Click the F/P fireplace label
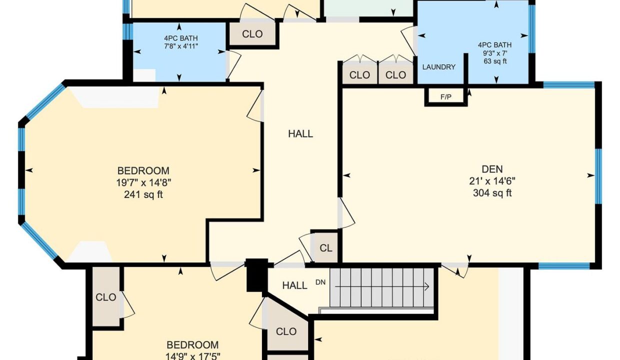click(445, 97)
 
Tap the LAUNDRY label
click(438, 67)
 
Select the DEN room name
click(492, 169)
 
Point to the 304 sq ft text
click(492, 193)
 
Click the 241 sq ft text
click(143, 195)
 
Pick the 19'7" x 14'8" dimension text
click(143, 182)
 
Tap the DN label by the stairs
click(320, 282)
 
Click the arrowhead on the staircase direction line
click(427, 286)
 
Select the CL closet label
click(326, 248)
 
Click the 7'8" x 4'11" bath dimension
click(181, 46)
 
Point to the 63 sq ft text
click(495, 61)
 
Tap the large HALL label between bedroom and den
click(300, 134)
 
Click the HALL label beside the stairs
click(294, 285)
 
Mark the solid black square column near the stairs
click(257, 275)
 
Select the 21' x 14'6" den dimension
click(492, 181)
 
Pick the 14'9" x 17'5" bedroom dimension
click(192, 356)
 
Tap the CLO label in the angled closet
click(286, 331)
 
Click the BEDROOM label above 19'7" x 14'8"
click(143, 170)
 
